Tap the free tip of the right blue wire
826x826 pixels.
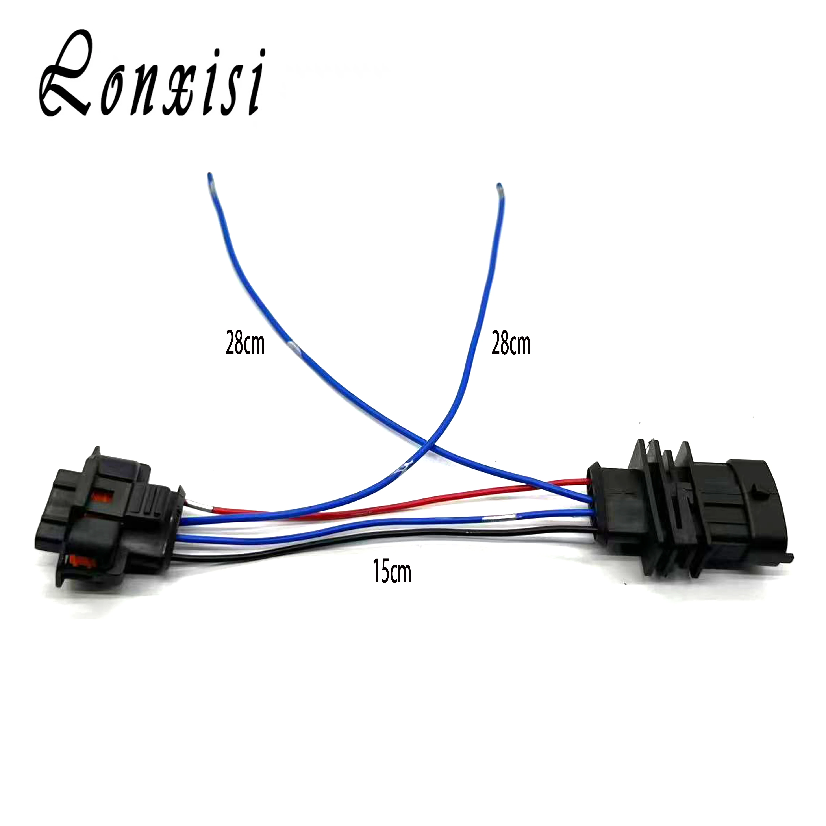(498, 186)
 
